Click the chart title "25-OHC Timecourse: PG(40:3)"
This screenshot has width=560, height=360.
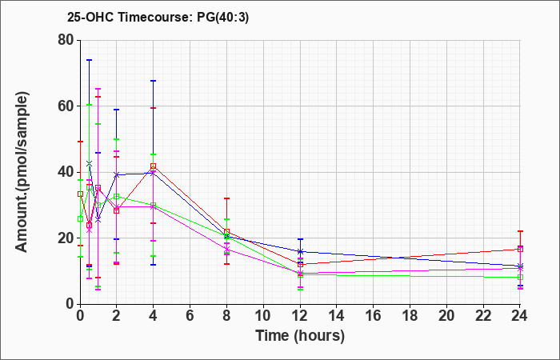pos(158,18)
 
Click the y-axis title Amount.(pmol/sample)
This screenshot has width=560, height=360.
pos(22,172)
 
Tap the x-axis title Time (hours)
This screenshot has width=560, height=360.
pos(300,336)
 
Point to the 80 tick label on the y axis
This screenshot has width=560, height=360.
pos(66,40)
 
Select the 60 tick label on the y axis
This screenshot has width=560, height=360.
pos(66,106)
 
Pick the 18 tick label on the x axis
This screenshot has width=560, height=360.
pos(410,316)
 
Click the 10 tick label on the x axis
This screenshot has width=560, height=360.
pos(263,316)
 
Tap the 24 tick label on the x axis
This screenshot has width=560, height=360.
pos(519,316)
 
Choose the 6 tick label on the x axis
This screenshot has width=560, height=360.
pos(190,316)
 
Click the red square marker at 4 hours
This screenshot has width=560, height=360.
pos(154,166)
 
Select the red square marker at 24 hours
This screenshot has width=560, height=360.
pos(520,250)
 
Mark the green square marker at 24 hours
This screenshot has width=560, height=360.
pos(520,277)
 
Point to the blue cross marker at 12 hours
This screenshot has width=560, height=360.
pos(300,251)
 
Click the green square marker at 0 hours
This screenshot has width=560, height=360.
pos(80,219)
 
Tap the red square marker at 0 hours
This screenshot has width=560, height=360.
pos(80,194)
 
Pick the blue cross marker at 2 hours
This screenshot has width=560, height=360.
pos(117,174)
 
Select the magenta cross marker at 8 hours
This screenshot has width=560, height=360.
pos(226,250)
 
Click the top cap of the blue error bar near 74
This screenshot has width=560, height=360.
pos(90,60)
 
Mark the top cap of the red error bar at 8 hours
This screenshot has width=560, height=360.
pos(226,198)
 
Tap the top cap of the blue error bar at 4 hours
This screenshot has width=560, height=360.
pos(154,81)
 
